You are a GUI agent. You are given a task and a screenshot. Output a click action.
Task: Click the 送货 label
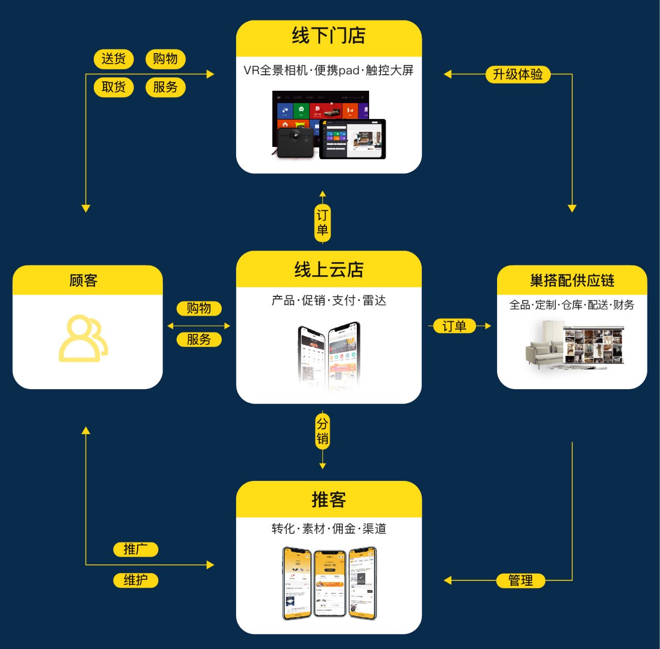pyautogui.click(x=113, y=59)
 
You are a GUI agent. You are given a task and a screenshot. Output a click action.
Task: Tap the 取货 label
pyautogui.click(x=113, y=87)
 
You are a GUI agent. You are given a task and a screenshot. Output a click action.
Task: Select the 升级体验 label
pyautogui.click(x=518, y=74)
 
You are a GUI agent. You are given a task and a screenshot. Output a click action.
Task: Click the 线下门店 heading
pyautogui.click(x=329, y=36)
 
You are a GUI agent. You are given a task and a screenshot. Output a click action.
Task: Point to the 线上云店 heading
pyautogui.click(x=329, y=270)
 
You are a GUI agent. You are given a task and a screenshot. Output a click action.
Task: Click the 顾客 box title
pyautogui.click(x=84, y=280)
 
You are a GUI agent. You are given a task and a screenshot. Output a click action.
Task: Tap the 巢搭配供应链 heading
pyautogui.click(x=572, y=280)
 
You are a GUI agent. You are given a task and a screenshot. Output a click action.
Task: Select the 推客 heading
pyautogui.click(x=329, y=500)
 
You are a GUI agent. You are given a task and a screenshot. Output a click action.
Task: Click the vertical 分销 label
pyautogui.click(x=322, y=431)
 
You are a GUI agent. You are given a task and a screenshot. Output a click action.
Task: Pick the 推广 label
pyautogui.click(x=136, y=550)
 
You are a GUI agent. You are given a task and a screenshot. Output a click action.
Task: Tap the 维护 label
pyautogui.click(x=136, y=580)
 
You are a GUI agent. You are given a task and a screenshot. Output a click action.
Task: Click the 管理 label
pyautogui.click(x=520, y=580)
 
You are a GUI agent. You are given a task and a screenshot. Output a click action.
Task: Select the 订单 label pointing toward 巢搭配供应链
pyautogui.click(x=454, y=326)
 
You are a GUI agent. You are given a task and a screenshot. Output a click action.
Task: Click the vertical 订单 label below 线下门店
pyautogui.click(x=322, y=223)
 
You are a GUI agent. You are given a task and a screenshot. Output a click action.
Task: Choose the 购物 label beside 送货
pyautogui.click(x=165, y=59)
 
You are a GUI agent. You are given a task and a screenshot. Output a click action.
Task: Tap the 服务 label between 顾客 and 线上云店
pyautogui.click(x=199, y=340)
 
